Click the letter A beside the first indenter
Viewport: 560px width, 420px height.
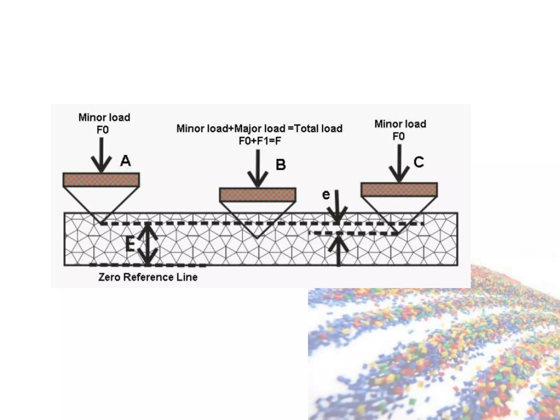[126, 161]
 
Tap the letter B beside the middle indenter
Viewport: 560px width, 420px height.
[281, 165]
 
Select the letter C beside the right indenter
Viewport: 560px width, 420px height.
[419, 162]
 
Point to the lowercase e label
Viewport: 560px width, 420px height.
[326, 195]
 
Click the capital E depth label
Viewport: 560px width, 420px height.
[130, 244]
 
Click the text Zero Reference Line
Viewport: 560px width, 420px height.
[148, 277]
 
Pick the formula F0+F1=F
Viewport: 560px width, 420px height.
[260, 141]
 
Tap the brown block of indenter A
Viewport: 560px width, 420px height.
[101, 180]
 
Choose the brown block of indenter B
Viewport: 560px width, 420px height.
[258, 195]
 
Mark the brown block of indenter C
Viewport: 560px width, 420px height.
[399, 189]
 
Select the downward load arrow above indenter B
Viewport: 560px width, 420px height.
[258, 168]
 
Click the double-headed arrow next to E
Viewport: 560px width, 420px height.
[148, 244]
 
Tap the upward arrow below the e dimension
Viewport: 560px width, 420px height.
[339, 250]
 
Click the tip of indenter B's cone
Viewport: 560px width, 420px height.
[257, 237]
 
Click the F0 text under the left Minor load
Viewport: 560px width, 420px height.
[103, 130]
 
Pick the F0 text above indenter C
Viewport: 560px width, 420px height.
[398, 136]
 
